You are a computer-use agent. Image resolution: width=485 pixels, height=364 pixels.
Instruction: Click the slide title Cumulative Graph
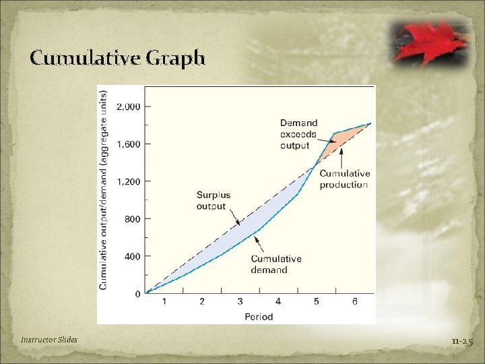(117, 59)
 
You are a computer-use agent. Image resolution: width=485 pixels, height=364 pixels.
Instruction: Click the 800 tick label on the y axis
(132, 219)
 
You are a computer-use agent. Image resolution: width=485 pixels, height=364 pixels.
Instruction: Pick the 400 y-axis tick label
(132, 257)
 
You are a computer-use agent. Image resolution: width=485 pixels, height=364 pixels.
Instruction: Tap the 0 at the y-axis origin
(137, 294)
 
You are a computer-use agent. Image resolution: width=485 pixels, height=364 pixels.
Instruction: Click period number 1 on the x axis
(164, 302)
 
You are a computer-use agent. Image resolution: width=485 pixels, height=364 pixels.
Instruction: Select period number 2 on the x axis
(202, 302)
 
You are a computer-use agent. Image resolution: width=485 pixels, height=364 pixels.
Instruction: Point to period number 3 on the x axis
(240, 302)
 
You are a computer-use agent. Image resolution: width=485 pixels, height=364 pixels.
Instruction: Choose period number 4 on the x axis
(278, 302)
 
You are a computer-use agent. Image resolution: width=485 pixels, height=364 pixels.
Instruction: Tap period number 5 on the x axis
(317, 302)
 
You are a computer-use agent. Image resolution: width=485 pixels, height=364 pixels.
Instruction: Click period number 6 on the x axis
(354, 302)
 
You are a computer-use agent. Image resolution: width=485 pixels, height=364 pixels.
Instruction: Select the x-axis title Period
(259, 316)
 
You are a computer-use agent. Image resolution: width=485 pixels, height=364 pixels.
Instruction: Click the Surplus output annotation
(213, 201)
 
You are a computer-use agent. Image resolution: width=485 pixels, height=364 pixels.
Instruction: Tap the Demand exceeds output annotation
(298, 134)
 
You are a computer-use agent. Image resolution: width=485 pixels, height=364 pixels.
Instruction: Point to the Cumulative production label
(344, 179)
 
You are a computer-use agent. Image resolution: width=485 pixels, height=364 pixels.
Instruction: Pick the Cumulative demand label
(276, 264)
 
